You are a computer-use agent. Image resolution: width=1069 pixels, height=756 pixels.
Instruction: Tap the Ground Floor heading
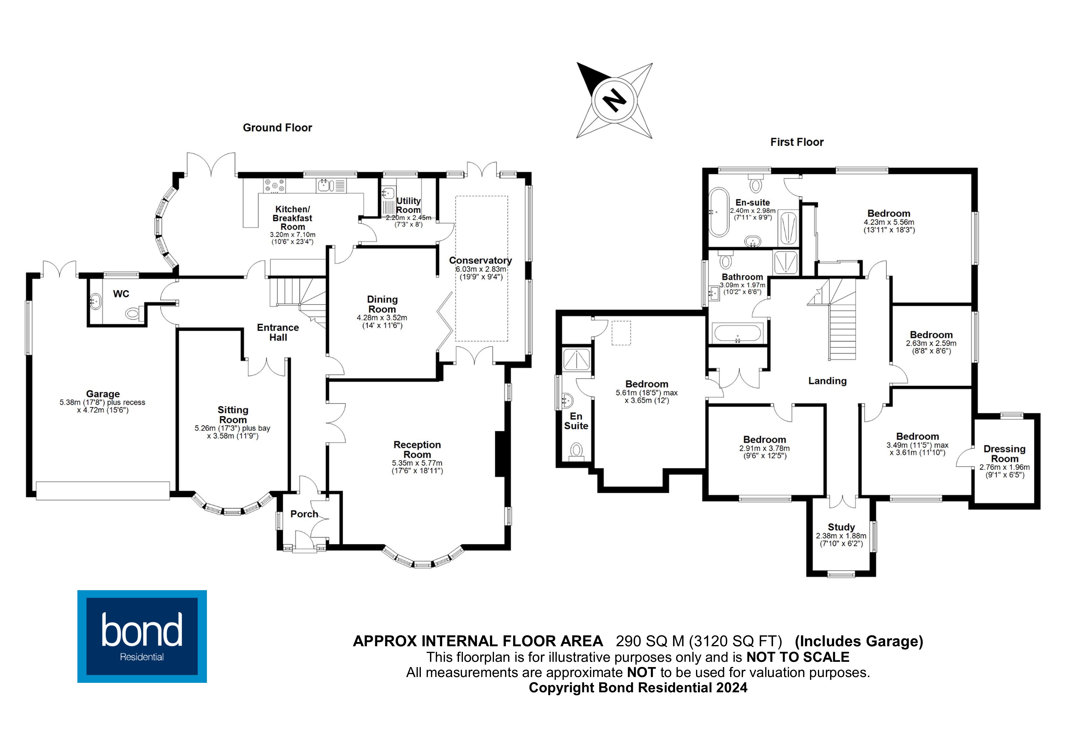(278, 128)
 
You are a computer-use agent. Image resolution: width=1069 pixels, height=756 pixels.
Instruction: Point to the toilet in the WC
(133, 314)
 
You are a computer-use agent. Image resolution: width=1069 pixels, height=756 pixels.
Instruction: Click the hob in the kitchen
(275, 186)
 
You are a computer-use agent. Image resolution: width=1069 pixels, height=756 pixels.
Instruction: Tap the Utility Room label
(408, 205)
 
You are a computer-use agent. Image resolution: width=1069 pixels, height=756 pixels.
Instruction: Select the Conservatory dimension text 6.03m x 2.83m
(481, 269)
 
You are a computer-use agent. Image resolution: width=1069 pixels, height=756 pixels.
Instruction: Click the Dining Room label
(382, 304)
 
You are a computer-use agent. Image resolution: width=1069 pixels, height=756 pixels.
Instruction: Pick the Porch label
(304, 514)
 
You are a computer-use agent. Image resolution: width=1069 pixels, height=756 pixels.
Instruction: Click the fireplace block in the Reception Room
(500, 454)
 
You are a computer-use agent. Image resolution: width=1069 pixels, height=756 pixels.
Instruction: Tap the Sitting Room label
(233, 415)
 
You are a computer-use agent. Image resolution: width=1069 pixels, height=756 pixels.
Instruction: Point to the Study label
(841, 527)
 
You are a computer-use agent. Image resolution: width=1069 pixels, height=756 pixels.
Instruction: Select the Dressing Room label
(1004, 454)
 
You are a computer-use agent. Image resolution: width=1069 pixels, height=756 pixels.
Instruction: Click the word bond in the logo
(141, 630)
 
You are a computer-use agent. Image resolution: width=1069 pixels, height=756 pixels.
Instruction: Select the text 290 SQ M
(650, 641)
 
